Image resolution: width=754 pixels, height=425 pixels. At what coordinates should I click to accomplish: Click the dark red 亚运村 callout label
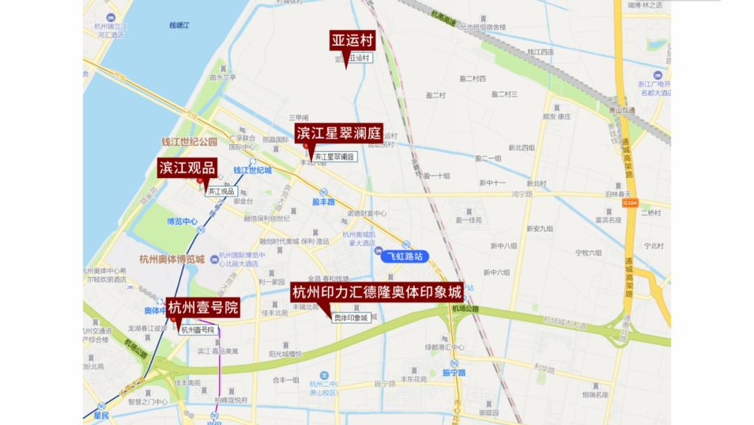point(353,41)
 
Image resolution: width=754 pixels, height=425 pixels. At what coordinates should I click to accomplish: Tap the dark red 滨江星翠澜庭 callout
point(339,134)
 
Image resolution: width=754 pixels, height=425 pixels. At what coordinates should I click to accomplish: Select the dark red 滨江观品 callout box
point(187,168)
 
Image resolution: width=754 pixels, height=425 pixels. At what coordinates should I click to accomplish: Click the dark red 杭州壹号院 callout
point(203,308)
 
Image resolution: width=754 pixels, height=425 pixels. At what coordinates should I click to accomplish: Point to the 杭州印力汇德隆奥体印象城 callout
point(377,292)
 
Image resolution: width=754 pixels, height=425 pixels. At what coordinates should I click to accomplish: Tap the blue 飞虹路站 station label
point(404,257)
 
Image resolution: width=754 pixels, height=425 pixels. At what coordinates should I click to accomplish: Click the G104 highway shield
point(630,203)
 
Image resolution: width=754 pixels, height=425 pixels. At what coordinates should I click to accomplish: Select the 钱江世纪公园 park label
point(189,142)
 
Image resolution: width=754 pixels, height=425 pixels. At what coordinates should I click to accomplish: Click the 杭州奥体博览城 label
point(172,259)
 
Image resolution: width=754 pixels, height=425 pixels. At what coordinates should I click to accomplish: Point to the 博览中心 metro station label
point(182,222)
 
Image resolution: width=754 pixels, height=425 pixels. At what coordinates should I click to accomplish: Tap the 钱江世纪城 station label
point(252,170)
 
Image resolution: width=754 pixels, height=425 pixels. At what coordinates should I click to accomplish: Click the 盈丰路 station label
point(324,201)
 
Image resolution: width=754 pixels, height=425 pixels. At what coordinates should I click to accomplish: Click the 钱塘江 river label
point(179,26)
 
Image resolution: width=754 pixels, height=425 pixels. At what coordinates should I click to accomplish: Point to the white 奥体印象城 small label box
point(350,318)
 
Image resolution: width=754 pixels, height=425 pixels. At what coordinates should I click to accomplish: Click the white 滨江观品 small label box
point(221,191)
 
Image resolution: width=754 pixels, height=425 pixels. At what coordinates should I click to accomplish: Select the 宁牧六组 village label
point(588,252)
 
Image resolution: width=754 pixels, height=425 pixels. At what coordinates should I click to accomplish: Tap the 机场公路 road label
point(465,308)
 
